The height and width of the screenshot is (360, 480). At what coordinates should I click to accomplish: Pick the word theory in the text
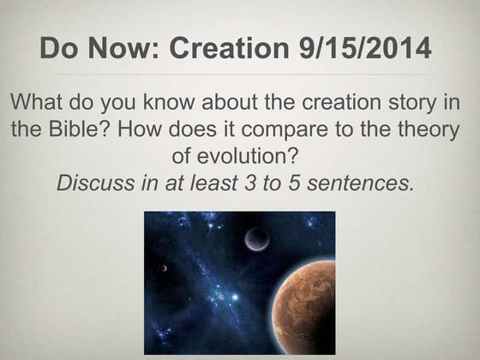coord(432,133)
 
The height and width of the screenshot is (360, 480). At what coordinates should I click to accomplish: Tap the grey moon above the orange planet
coord(256,240)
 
